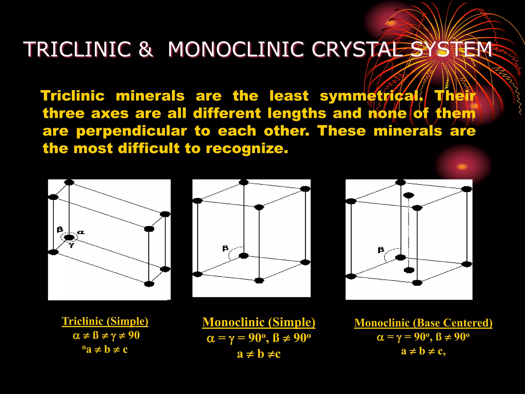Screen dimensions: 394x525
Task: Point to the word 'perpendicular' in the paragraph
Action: [x=132, y=131]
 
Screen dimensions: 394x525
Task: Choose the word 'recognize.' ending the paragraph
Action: [x=247, y=149]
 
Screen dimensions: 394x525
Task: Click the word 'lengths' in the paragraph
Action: [x=297, y=114]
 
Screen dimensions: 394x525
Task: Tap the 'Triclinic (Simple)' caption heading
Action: [x=105, y=321]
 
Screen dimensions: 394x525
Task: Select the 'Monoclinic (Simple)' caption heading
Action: [x=259, y=322]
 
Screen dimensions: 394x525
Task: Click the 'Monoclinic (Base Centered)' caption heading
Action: [x=423, y=323]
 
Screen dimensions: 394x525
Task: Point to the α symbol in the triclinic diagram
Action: [x=81, y=232]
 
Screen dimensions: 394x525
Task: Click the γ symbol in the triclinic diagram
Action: [x=72, y=245]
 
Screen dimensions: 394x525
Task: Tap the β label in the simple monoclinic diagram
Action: [x=225, y=248]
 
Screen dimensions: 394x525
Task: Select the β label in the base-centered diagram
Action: [x=381, y=250]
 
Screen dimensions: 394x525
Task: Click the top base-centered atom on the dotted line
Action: [x=409, y=195]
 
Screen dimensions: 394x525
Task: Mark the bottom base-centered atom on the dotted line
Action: [x=409, y=270]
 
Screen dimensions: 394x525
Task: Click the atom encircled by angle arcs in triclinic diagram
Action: [x=69, y=238]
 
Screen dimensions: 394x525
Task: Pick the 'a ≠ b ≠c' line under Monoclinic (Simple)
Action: [x=259, y=354]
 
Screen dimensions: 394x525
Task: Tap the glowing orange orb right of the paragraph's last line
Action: [x=462, y=167]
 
